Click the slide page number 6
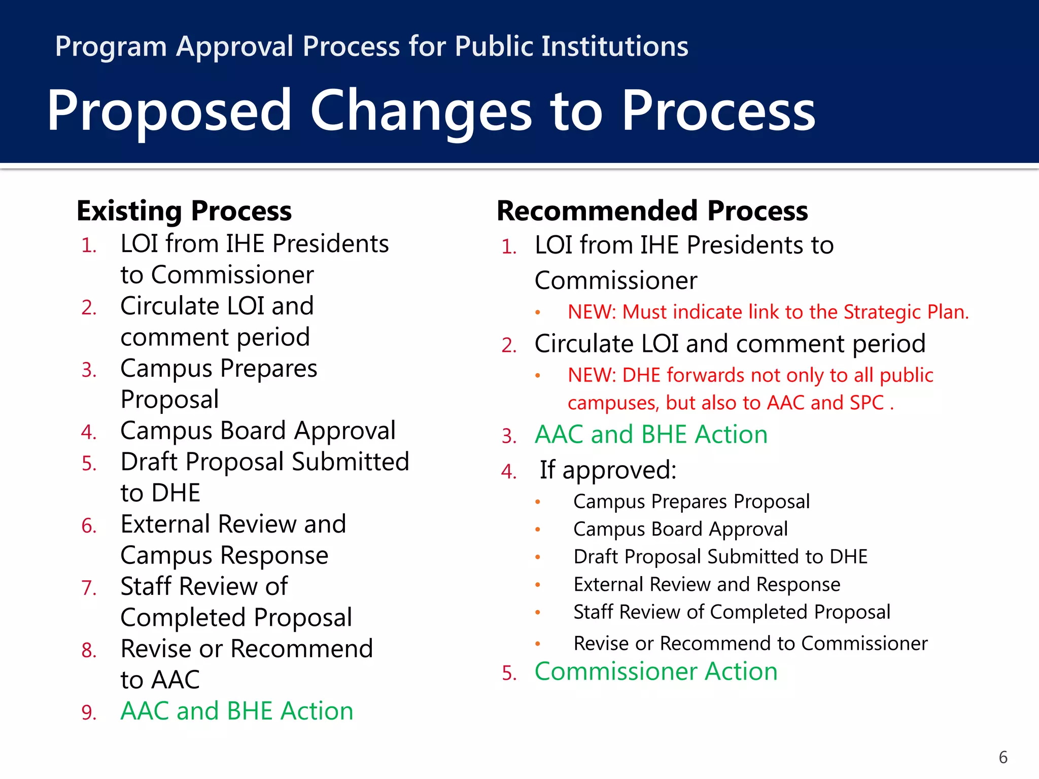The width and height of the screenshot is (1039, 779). (1003, 757)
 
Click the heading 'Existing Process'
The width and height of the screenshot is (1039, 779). (184, 211)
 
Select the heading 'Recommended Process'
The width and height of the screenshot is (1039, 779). (652, 211)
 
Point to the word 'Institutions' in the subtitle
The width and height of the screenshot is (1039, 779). (614, 47)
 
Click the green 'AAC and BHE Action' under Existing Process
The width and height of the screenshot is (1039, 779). (236, 711)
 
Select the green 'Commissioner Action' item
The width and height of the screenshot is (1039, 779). (656, 671)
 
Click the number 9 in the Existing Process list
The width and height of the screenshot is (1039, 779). (89, 713)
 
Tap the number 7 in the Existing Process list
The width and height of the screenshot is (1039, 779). (89, 588)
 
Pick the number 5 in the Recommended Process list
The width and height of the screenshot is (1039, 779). (509, 674)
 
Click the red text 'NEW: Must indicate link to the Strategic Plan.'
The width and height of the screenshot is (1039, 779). (768, 312)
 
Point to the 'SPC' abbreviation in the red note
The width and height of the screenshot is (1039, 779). (867, 403)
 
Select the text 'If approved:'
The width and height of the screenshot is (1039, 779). (608, 470)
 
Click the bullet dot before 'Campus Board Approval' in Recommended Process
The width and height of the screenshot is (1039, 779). (538, 530)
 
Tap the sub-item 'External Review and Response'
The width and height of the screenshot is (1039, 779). (707, 585)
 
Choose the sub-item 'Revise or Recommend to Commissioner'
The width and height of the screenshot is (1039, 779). (750, 644)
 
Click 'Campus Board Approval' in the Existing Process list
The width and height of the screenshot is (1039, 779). (258, 431)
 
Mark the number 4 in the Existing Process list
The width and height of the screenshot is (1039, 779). (89, 433)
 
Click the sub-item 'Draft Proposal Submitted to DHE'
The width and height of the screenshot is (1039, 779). (720, 557)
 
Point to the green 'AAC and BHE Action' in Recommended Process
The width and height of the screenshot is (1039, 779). (651, 435)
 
